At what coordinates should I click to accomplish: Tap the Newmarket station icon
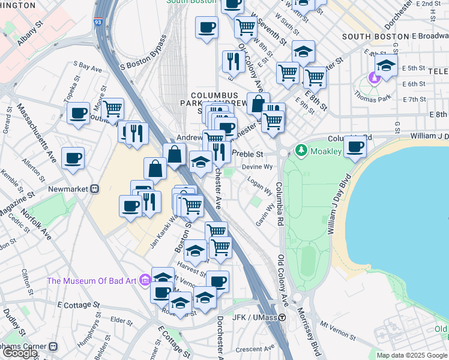point(94,189)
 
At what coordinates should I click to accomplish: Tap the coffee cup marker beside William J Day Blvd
point(355,146)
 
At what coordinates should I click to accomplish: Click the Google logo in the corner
point(20,353)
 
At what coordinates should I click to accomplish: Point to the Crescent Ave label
point(255,348)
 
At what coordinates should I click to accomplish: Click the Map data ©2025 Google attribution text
point(412,355)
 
